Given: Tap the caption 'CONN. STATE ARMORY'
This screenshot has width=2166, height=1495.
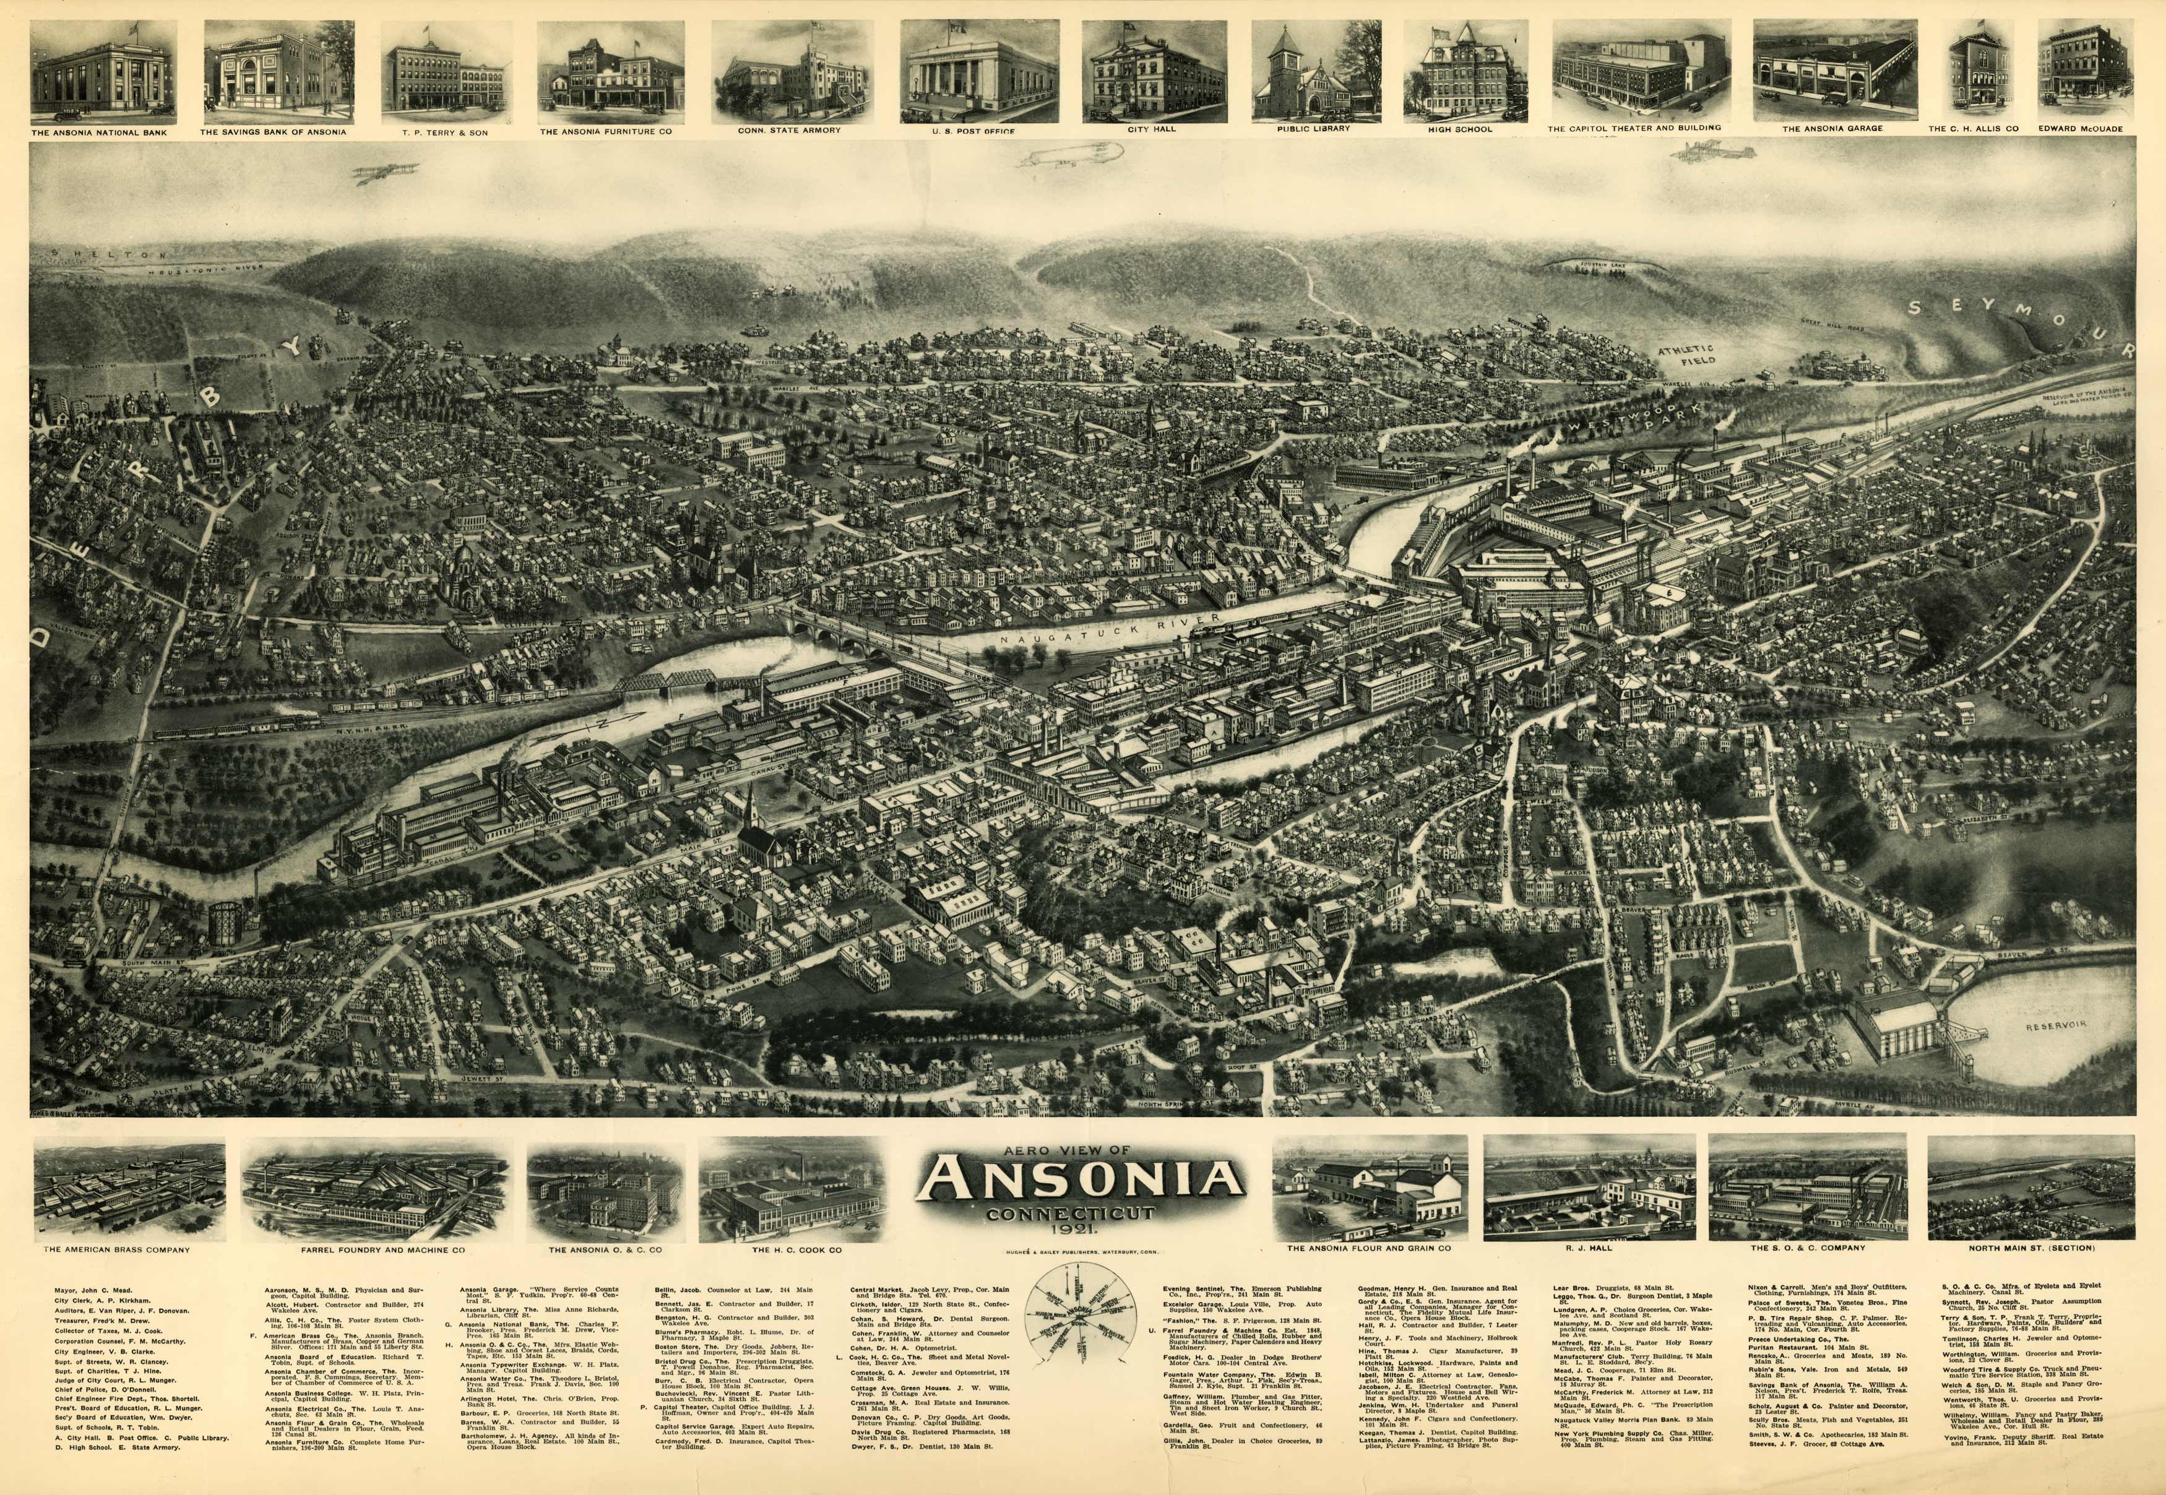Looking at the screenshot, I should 789,130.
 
